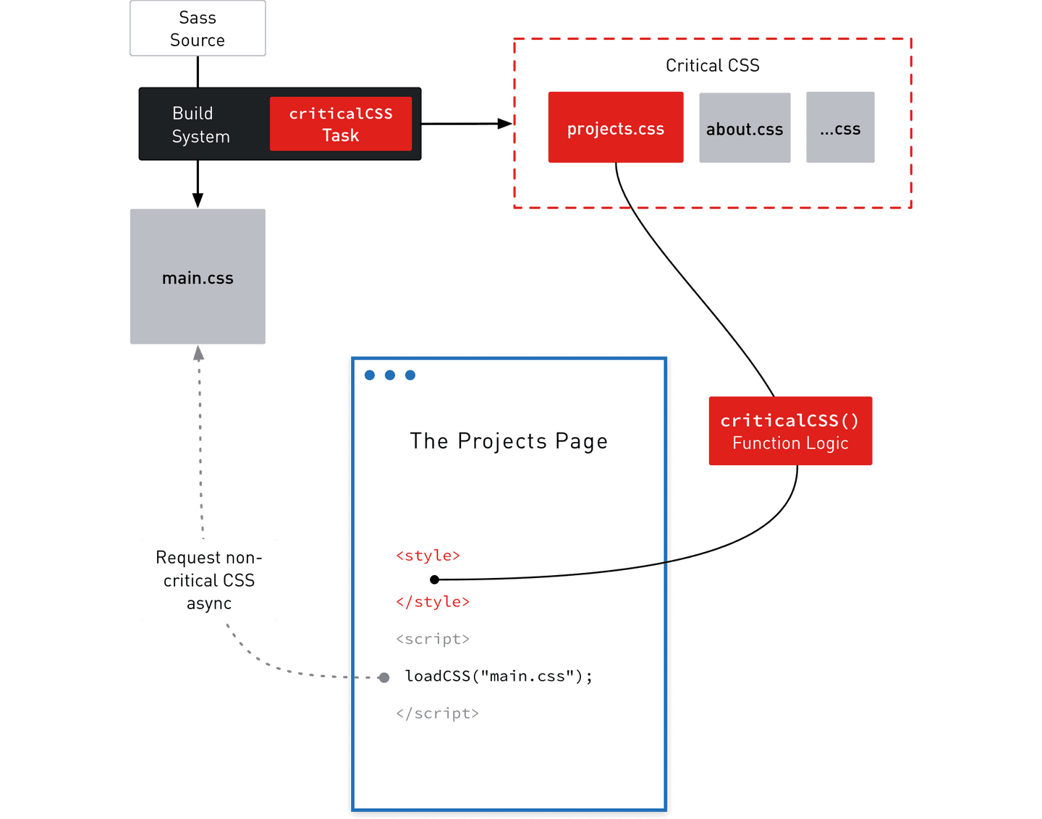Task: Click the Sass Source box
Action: pos(198,29)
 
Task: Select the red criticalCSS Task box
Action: pos(341,124)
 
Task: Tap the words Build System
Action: pos(200,124)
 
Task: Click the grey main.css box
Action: pos(198,277)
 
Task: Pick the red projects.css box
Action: pos(616,127)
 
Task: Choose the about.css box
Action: pos(745,128)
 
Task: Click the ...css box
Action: pos(840,128)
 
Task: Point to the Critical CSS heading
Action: pos(712,66)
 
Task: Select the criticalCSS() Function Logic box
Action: pos(790,431)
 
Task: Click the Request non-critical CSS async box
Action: pos(208,580)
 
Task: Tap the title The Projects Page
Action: pos(509,441)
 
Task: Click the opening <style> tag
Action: pos(428,556)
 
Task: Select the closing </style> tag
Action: pos(433,602)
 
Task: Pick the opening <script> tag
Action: pos(433,639)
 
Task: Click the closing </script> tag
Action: pos(437,713)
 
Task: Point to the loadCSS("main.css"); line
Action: pos(499,676)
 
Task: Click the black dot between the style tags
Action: pos(434,580)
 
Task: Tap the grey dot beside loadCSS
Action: pos(384,678)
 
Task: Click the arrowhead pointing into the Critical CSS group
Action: pos(504,124)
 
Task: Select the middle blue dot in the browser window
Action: pos(390,375)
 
